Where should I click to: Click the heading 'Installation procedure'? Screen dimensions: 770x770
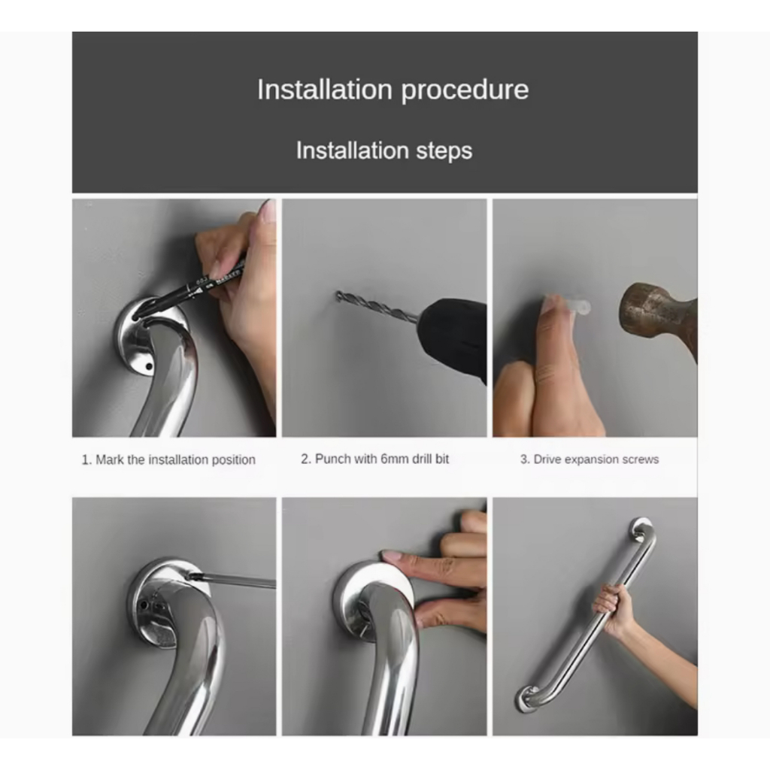coord(393,90)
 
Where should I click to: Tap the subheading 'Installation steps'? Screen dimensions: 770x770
coord(384,150)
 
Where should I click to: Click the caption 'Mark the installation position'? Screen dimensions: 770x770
coord(175,459)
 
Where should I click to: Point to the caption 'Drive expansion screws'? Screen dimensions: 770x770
coord(596,459)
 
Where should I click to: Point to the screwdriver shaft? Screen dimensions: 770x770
coord(233,581)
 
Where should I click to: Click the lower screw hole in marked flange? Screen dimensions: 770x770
coord(150,366)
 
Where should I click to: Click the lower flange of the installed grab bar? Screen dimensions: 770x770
coord(526,699)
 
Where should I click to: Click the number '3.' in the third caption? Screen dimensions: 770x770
coord(525,459)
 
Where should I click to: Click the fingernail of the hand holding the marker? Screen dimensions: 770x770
coord(268,211)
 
